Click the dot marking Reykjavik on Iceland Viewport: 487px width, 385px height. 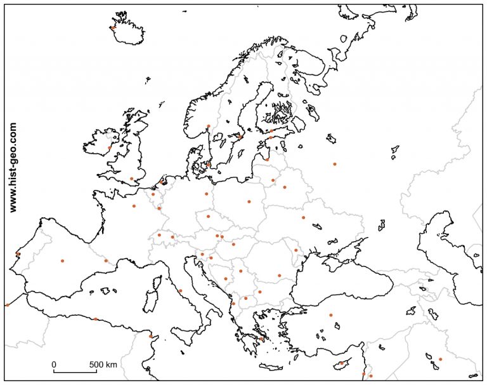coord(112,27)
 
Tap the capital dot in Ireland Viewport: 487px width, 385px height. coord(110,147)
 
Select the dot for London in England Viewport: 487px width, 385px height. coord(131,179)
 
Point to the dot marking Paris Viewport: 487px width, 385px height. coord(134,206)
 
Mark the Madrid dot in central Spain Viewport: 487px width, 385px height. coord(62,260)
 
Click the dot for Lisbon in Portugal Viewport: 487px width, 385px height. coord(18,254)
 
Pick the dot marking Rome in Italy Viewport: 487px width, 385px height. coord(181,291)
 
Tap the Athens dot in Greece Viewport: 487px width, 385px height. coord(261,339)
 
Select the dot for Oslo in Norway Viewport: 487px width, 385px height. coord(208,126)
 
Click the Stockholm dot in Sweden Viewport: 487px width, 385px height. coord(240,137)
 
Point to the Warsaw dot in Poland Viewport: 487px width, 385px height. coord(249,202)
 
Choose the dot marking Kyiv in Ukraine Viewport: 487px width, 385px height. coord(303,217)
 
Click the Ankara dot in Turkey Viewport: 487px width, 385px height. coord(330,314)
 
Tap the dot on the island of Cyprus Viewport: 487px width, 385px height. coord(341,363)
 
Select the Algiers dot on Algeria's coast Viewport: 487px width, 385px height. coord(96,319)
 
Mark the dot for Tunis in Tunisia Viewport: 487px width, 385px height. coord(151,336)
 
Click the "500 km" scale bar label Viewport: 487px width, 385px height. coord(103,364)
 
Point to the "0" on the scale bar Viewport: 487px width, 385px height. coord(54,364)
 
